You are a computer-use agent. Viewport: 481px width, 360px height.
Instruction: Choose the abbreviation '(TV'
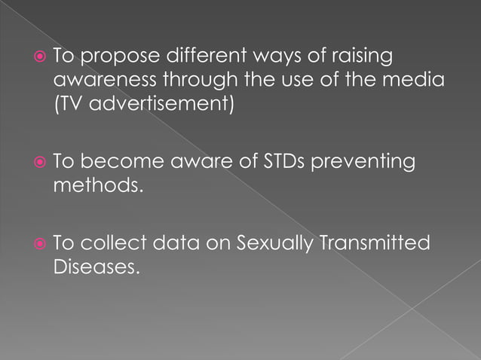tap(67, 103)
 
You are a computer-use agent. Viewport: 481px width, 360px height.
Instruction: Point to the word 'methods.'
tap(97, 185)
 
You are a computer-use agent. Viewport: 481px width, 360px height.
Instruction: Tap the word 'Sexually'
tap(272, 244)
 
